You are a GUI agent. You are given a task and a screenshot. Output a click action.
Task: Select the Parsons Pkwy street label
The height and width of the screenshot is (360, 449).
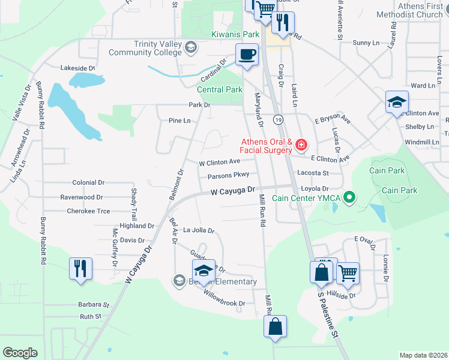pyautogui.click(x=228, y=176)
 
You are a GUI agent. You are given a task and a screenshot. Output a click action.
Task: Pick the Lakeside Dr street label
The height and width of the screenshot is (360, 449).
pyautogui.click(x=77, y=68)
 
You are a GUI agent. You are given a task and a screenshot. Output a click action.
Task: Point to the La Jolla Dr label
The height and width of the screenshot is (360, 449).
pyautogui.click(x=199, y=230)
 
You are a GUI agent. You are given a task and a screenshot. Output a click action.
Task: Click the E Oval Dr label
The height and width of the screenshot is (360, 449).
pyautogui.click(x=364, y=240)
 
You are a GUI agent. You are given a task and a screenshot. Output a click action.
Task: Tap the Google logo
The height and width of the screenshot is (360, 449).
pyautogui.click(x=20, y=353)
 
